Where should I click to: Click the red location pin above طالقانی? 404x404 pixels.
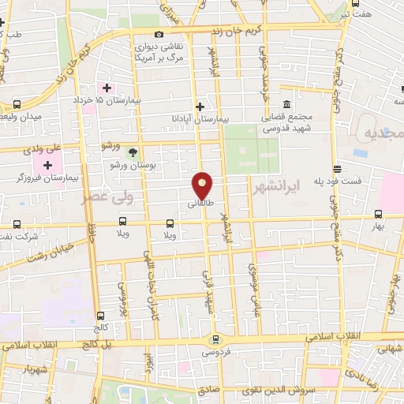203,185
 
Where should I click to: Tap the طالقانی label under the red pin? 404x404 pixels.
200,204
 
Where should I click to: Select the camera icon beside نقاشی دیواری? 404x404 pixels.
159,35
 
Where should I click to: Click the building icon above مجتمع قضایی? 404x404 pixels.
285,104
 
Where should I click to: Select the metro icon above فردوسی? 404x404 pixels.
215,339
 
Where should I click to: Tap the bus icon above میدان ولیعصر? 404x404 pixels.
17,104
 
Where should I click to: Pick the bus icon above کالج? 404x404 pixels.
99,316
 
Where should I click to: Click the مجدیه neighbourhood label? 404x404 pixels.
382,133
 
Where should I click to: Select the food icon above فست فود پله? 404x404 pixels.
337,169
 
